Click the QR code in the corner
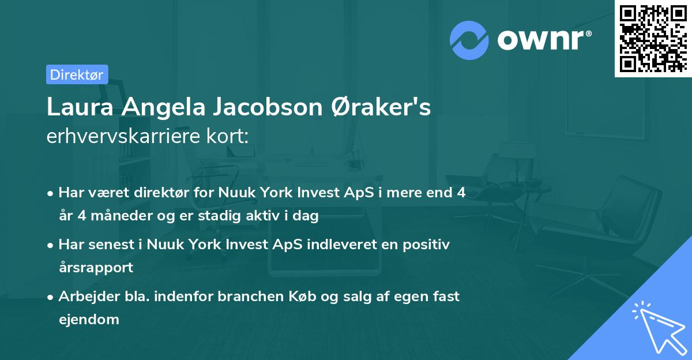tap(653, 38)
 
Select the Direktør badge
tap(77, 74)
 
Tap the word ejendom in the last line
tap(89, 319)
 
